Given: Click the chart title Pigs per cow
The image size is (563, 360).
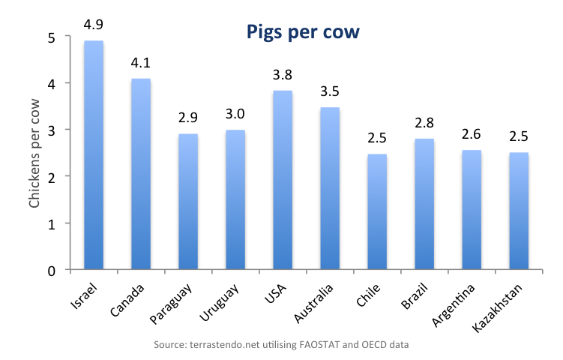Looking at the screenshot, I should pyautogui.click(x=304, y=32).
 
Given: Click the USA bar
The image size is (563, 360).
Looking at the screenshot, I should pyautogui.click(x=283, y=179).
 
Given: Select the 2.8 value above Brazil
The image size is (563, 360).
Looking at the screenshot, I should pyautogui.click(x=424, y=123).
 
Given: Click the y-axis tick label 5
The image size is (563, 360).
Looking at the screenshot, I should pyautogui.click(x=51, y=37).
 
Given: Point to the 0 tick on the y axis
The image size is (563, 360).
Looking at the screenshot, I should pyautogui.click(x=51, y=270).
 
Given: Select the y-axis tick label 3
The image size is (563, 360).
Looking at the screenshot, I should pyautogui.click(x=51, y=130).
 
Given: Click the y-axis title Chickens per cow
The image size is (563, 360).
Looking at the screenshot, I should pyautogui.click(x=34, y=153).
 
